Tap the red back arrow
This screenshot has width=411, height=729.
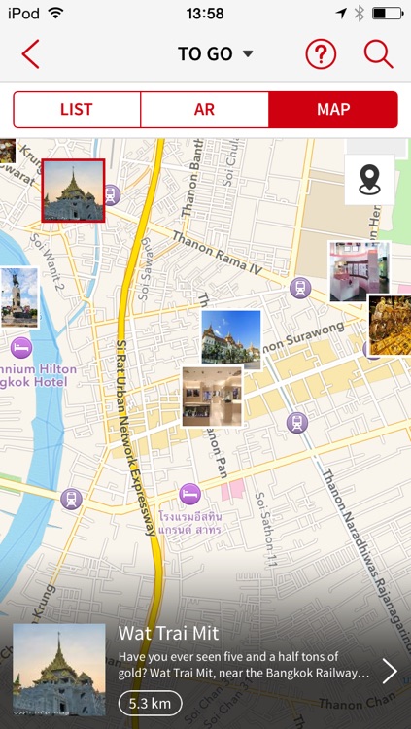[30, 54]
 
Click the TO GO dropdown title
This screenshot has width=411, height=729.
[214, 54]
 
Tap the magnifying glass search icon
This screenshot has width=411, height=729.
[378, 54]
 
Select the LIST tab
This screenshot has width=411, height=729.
[77, 110]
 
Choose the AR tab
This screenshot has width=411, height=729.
[204, 110]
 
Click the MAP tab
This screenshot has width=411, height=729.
[332, 110]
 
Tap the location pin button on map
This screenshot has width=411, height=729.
[369, 180]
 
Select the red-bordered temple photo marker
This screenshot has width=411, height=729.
[73, 191]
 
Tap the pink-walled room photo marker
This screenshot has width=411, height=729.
[359, 271]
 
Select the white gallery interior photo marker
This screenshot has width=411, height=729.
[212, 396]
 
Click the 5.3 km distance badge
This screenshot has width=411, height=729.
[150, 703]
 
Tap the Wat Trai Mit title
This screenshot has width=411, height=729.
[169, 633]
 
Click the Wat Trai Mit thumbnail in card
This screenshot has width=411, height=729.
[59, 670]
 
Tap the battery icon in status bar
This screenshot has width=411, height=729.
[387, 14]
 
